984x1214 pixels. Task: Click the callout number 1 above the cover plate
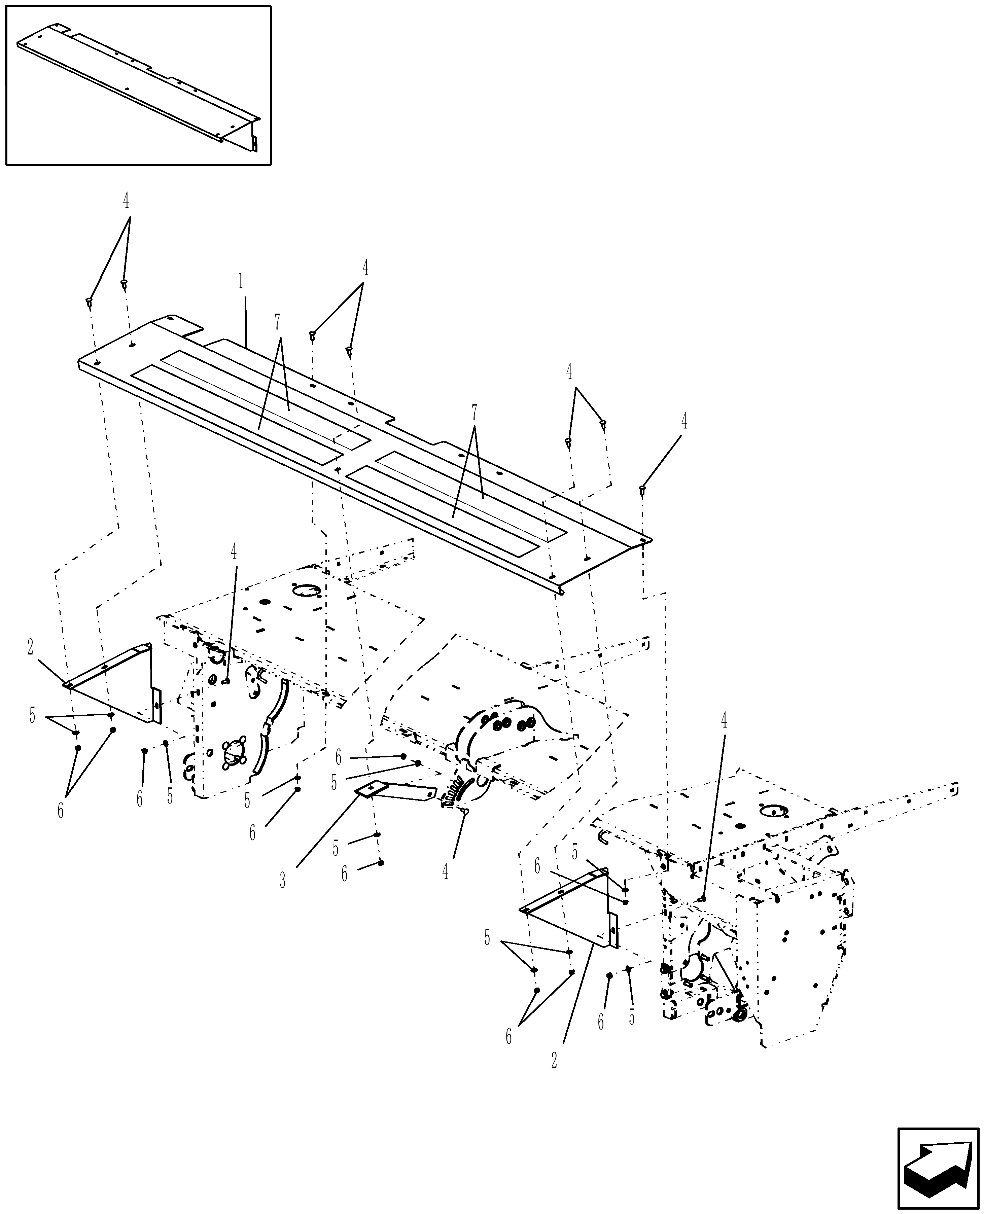(x=241, y=281)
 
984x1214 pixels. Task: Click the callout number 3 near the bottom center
(x=282, y=880)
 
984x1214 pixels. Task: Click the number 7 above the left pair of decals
(x=277, y=322)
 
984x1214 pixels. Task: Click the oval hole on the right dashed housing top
(x=771, y=811)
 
